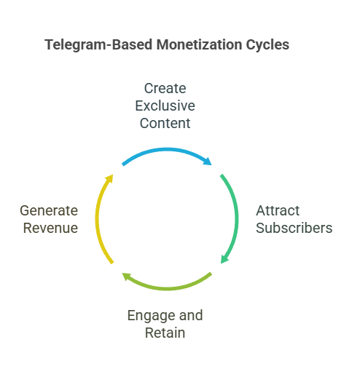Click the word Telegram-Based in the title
99,45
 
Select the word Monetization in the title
199,44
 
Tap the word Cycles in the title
267,45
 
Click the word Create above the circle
165,88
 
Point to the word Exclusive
165,106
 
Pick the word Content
165,123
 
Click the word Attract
278,210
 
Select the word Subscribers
294,228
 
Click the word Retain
165,333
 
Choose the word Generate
49,210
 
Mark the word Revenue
50,228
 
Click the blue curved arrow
167,150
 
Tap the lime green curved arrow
167,288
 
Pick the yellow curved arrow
97,218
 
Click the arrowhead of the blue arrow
208,162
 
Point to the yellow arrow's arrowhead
109,178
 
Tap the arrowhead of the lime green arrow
126,276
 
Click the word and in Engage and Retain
191,315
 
